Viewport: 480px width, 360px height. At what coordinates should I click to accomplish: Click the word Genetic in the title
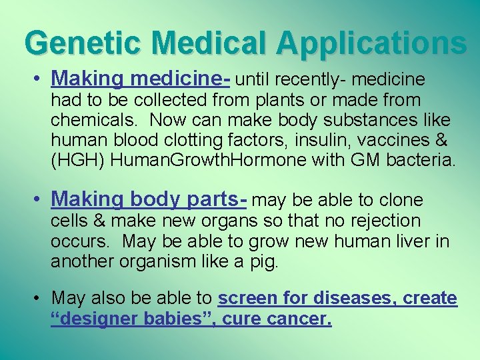click(x=77, y=43)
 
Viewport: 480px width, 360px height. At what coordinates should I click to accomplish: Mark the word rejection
click(x=382, y=221)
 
